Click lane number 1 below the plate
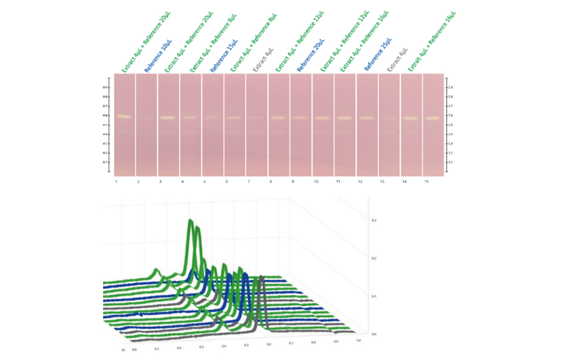point(117,182)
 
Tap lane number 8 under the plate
point(271,182)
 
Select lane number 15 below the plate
point(426,182)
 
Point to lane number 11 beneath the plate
point(337,182)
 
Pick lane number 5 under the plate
point(205,182)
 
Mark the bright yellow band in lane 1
point(123,116)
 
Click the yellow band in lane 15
point(433,118)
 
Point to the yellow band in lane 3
point(167,117)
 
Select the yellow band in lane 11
point(344,118)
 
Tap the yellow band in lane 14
point(410,118)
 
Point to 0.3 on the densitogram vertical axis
point(375,221)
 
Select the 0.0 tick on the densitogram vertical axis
point(375,334)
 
